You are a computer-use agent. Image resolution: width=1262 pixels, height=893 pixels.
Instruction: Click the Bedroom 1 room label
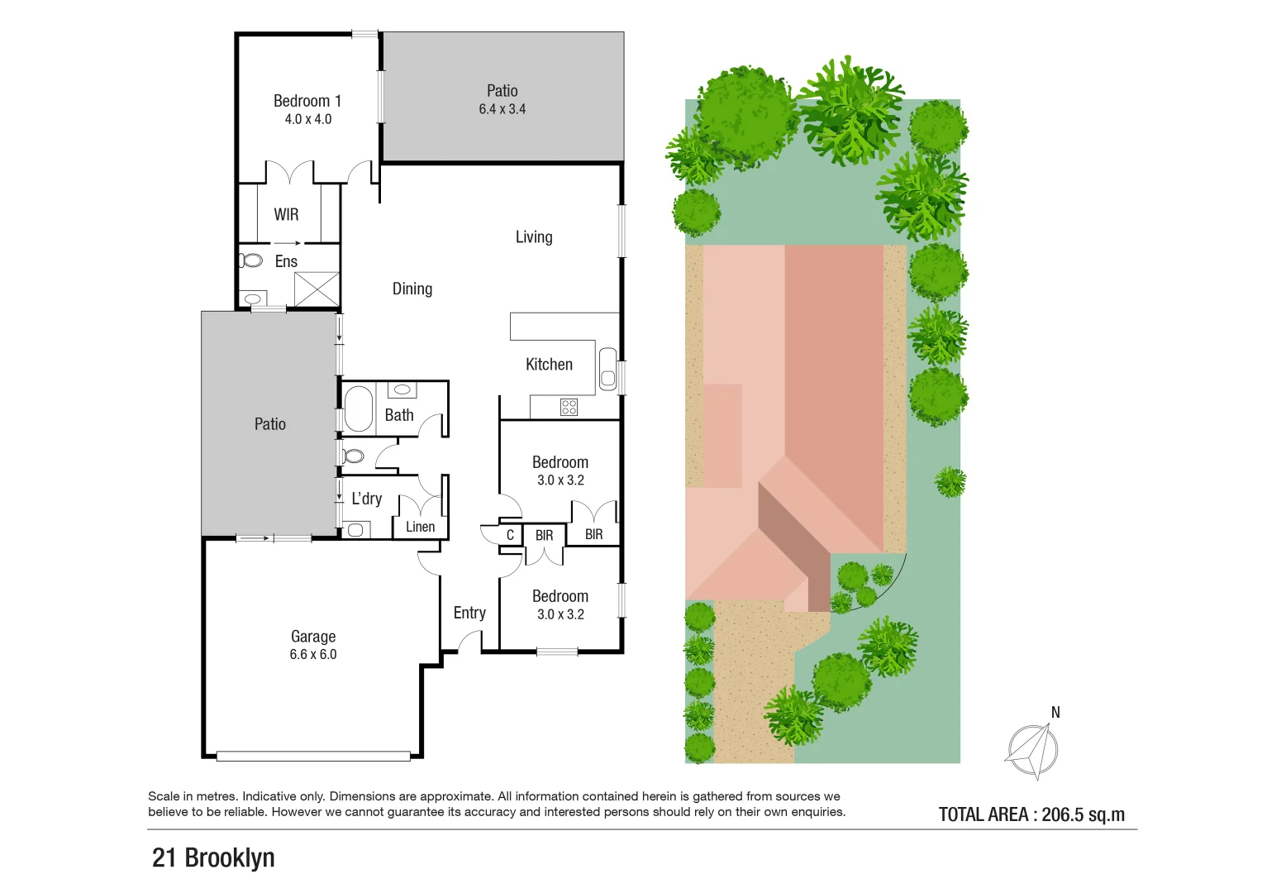(x=307, y=101)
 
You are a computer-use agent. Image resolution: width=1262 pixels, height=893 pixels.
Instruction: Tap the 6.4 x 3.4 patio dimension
(x=502, y=109)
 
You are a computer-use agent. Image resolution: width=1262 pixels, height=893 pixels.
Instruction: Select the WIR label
(x=286, y=215)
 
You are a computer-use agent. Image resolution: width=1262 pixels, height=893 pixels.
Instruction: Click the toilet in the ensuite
(x=250, y=261)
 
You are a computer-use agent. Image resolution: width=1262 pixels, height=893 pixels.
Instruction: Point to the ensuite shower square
(x=317, y=289)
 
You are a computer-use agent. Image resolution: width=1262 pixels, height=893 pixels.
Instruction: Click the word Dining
(x=412, y=289)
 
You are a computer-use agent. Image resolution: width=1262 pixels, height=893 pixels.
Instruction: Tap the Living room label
(x=534, y=237)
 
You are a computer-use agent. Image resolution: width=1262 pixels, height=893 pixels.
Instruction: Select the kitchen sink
(x=607, y=370)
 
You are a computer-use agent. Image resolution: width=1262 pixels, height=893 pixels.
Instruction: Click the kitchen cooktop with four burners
(x=569, y=407)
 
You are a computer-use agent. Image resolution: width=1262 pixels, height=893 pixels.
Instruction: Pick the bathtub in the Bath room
(x=358, y=409)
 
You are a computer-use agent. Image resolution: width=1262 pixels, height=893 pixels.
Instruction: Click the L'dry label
(x=366, y=499)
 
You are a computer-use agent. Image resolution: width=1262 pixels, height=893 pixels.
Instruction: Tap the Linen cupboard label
(x=420, y=527)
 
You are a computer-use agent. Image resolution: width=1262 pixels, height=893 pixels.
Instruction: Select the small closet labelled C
(x=510, y=535)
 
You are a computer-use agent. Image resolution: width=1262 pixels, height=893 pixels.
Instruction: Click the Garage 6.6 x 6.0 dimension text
(x=312, y=655)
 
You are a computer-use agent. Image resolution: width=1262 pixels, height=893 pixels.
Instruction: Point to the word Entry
(x=469, y=613)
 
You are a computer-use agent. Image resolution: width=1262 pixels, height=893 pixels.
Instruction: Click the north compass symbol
(x=1032, y=751)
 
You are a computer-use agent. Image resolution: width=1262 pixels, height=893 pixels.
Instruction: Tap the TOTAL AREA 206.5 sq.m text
(x=1031, y=814)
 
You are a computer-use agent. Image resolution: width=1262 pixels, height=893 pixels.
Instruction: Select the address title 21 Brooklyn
(x=213, y=857)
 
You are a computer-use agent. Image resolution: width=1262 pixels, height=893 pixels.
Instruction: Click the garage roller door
(x=312, y=755)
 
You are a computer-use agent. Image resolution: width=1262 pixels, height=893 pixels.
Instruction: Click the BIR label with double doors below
(x=544, y=536)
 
